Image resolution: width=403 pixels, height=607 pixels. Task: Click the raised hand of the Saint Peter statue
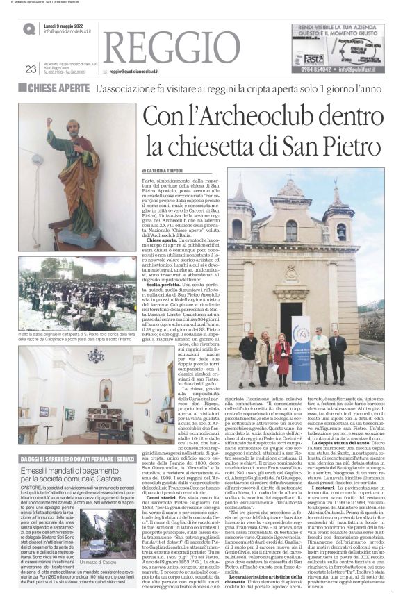[x=51, y=124]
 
